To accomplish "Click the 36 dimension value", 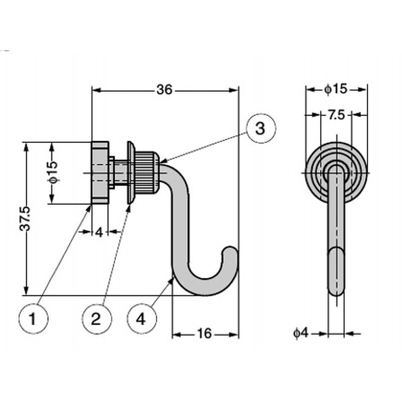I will [164, 90].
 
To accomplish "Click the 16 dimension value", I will [205, 334].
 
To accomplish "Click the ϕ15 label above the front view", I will [336, 89].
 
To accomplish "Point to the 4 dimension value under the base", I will [99, 232].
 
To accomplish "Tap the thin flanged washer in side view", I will [130, 172].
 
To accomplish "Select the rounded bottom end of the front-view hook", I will [336, 286].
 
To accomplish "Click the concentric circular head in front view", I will [336, 172].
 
